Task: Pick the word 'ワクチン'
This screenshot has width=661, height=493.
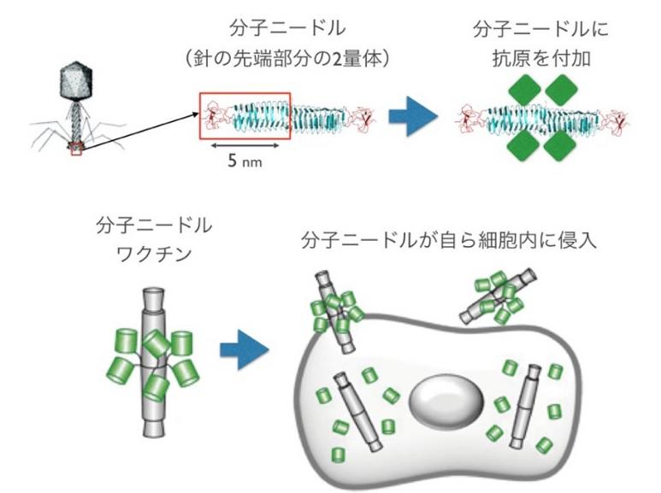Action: (154, 254)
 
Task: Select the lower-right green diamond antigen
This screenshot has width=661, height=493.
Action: (561, 145)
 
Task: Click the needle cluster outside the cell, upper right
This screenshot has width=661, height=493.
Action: (499, 297)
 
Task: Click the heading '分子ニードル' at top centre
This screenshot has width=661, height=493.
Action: (287, 29)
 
